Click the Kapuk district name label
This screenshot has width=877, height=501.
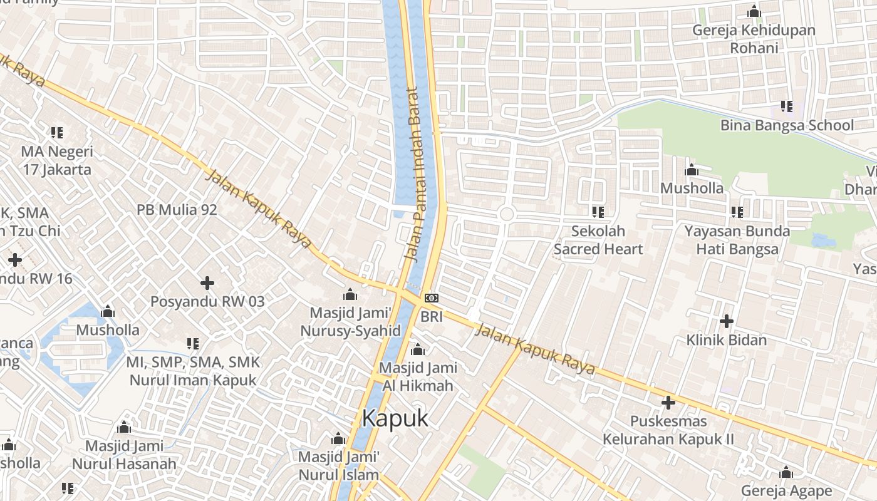[395, 418]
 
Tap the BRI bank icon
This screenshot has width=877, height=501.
[432, 298]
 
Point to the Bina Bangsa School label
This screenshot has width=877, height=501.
[787, 125]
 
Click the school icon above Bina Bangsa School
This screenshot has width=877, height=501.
[786, 106]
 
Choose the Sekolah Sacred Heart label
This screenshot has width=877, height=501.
[598, 240]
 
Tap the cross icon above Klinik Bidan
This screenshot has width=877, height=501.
[727, 321]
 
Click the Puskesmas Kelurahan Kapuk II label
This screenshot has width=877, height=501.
[668, 430]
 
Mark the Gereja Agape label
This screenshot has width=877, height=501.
[786, 490]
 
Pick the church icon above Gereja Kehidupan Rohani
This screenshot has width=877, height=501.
[754, 11]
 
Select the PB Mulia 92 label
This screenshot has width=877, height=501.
[177, 209]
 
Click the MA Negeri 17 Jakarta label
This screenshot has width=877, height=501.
[57, 160]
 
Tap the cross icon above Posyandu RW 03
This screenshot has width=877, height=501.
[207, 283]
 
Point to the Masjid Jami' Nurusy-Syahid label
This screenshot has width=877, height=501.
[350, 321]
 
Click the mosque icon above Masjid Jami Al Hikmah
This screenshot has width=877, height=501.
[418, 349]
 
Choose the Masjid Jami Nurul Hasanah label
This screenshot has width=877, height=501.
[124, 455]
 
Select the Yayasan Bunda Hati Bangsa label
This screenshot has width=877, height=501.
[737, 240]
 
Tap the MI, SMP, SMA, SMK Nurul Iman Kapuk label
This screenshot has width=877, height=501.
[193, 371]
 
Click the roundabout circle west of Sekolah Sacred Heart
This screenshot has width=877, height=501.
[506, 214]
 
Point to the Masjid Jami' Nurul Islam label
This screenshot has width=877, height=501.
[338, 465]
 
